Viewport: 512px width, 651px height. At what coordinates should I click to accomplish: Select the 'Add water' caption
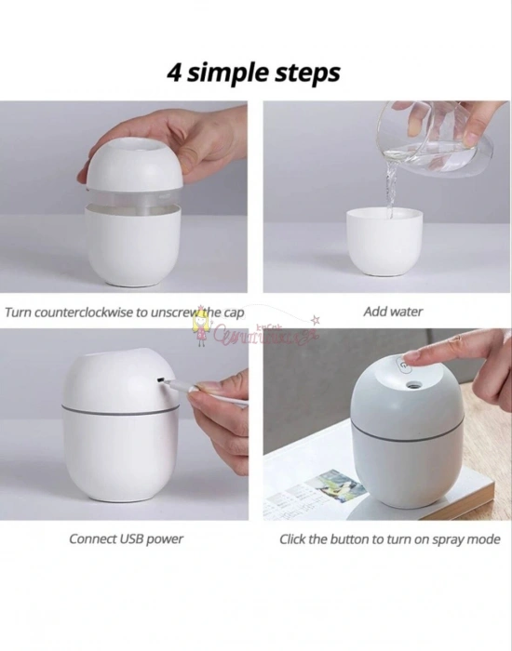coord(392,312)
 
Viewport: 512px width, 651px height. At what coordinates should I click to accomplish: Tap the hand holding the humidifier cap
coord(214,139)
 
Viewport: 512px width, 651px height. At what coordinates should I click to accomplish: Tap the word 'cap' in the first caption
coord(234,312)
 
